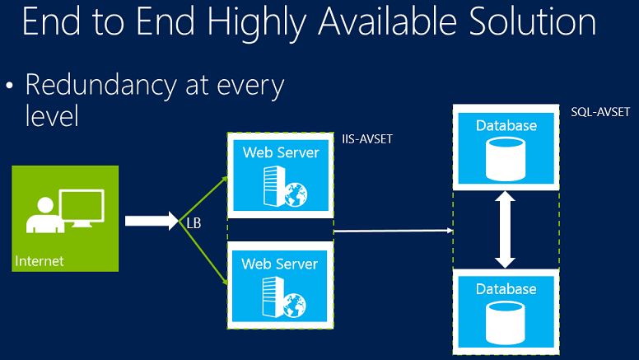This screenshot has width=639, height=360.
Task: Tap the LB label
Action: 190,222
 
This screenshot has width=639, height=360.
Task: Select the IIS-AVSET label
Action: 367,140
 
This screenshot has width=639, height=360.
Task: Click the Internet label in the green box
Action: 40,261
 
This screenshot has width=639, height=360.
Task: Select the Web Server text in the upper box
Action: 280,152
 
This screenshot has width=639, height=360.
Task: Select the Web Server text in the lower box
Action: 280,264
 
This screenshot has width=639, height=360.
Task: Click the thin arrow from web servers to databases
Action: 394,231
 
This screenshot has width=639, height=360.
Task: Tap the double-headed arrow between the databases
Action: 505,230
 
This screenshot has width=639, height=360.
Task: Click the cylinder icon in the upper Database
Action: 505,160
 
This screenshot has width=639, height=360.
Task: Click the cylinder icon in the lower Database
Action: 505,321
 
